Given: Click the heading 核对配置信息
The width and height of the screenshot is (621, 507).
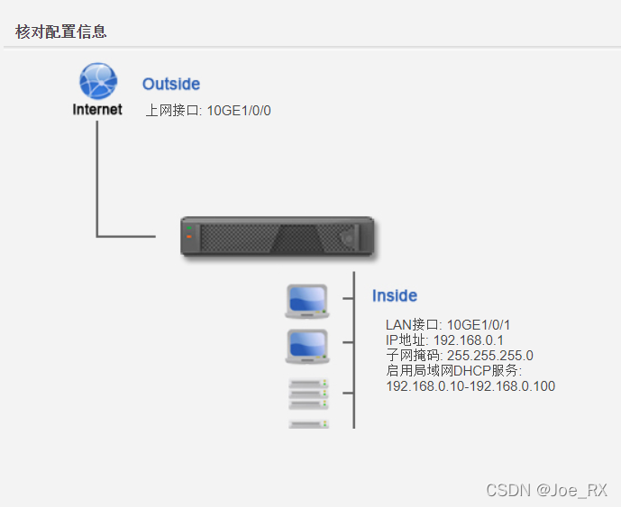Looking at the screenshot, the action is point(61,32).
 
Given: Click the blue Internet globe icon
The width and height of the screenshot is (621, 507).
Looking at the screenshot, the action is point(97,81).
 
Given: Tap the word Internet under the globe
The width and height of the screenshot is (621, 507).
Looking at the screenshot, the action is point(97,110).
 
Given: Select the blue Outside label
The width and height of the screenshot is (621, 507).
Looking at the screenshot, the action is point(171,84).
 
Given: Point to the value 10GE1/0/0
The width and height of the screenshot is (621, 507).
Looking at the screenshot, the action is point(239,111).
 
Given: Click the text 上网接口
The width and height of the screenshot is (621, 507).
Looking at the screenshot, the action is point(173,111).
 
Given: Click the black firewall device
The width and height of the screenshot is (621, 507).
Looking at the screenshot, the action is point(277,237).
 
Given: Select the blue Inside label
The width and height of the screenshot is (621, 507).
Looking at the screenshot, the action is point(395,295).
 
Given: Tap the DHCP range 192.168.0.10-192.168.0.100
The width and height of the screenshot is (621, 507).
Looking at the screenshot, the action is point(470,385).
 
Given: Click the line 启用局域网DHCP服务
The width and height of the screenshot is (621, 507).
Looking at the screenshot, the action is point(453,370).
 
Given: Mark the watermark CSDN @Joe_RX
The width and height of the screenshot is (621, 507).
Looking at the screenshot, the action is point(546,490).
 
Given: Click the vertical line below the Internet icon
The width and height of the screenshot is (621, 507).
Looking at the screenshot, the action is point(97,176).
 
